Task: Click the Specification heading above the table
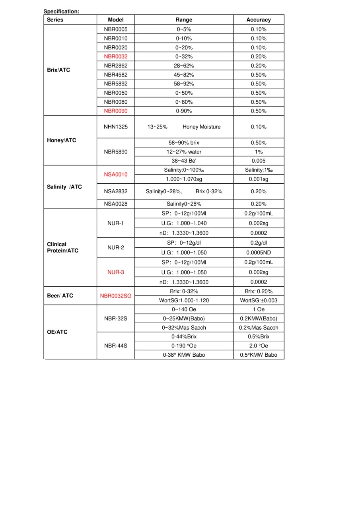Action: point(61,11)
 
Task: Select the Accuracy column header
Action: point(259,19)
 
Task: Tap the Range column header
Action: point(184,19)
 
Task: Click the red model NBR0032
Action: point(116,56)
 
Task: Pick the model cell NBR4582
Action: point(116,75)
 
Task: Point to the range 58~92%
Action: point(184,84)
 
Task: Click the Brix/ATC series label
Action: point(58,70)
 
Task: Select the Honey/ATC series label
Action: point(61,140)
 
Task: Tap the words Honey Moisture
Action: point(201,127)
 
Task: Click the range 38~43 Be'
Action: point(184,161)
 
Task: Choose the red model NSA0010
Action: point(116,175)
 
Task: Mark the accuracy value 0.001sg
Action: point(259,179)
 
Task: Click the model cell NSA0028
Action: point(116,204)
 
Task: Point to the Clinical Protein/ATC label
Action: point(62,247)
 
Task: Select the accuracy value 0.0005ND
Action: point(259,253)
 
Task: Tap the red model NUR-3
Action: point(116,272)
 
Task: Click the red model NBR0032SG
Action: point(116,296)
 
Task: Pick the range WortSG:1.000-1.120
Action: point(184,301)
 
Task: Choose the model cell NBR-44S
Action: point(116,346)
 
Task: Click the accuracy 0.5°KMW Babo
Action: point(259,355)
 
